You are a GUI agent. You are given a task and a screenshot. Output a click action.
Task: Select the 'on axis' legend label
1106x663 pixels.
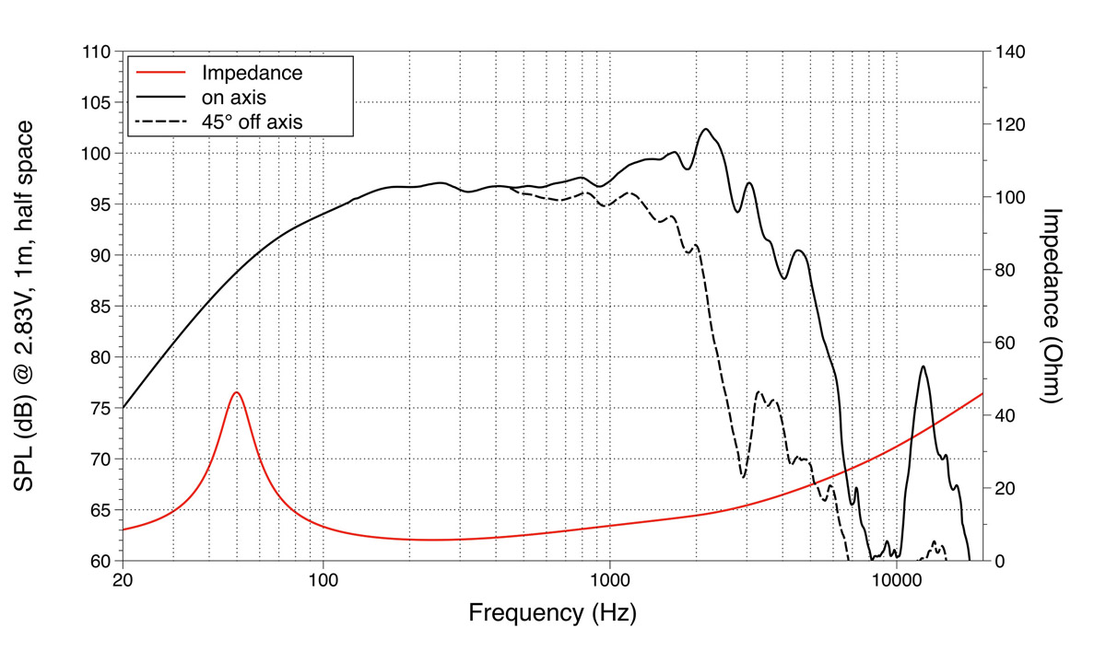coord(235,96)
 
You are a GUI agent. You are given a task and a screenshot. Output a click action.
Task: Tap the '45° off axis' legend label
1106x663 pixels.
coord(252,120)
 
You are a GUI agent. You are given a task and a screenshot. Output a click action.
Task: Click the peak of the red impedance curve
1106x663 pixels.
coord(237,392)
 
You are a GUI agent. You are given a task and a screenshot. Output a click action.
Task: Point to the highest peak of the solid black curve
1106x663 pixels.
coord(706,129)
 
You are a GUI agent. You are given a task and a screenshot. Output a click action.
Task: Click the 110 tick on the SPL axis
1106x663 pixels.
coord(97,52)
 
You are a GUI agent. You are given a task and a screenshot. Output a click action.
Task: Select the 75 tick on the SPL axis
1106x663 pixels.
coord(100,408)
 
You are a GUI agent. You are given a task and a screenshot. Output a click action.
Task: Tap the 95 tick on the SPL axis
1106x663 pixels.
coord(100,204)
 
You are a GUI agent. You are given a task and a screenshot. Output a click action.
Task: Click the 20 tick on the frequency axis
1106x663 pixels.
coord(124,580)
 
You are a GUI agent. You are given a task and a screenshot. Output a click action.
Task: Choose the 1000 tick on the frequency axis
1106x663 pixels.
coord(609,580)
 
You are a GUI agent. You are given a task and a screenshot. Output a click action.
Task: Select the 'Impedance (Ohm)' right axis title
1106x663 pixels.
coord(1053,306)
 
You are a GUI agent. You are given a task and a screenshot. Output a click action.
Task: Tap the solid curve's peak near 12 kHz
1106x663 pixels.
coord(923,366)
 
